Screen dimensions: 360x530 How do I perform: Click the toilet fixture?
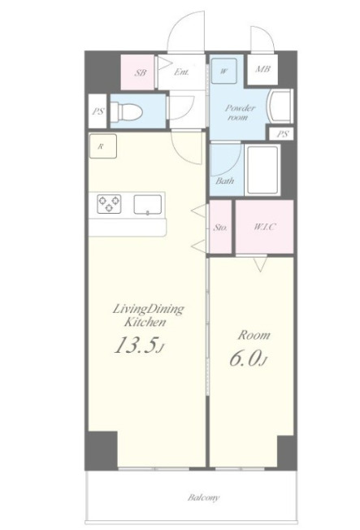coord(127,111)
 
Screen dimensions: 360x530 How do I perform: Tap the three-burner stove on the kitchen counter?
coord(109,204)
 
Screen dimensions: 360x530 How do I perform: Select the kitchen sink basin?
coord(148,205)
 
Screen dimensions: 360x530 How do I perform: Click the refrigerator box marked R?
coord(102,146)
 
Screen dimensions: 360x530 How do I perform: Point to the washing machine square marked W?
coord(224,71)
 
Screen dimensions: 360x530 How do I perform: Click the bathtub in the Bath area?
coord(262,170)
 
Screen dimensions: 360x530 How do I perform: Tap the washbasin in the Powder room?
coord(280,106)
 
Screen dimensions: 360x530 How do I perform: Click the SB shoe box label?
coord(141,72)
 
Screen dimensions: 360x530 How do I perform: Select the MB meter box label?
coord(262,69)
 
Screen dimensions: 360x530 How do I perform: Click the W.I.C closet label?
coord(264,227)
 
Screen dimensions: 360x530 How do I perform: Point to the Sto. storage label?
coord(220,228)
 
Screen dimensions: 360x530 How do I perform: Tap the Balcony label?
coord(204,497)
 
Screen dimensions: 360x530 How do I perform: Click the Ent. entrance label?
coord(181,72)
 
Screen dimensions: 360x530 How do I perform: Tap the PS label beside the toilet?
coord(98,111)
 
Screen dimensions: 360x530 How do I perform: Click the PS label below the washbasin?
coord(283,134)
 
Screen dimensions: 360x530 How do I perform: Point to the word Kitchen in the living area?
coord(145,322)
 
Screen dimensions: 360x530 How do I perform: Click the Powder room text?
coord(240,112)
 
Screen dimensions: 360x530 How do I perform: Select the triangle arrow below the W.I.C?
coord(260,264)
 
